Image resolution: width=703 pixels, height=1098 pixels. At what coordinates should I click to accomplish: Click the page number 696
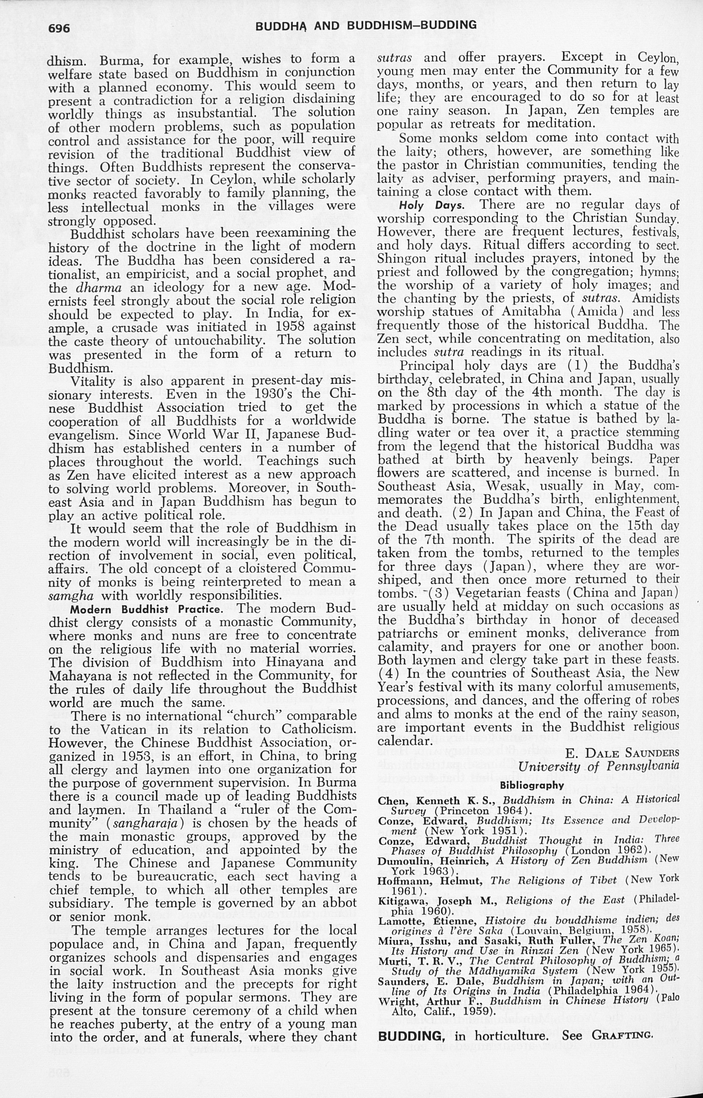coord(59,28)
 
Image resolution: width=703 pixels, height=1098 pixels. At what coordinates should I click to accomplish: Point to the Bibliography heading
coord(532,786)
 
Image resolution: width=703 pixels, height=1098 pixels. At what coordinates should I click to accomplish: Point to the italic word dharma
coord(98,288)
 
